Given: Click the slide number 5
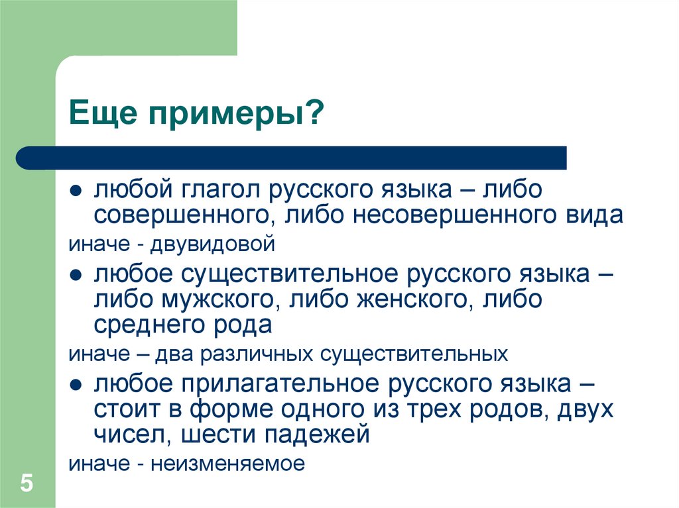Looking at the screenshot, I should pyautogui.click(x=27, y=483).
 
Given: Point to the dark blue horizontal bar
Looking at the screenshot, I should pyautogui.click(x=292, y=158).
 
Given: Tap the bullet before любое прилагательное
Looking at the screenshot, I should pyautogui.click(x=76, y=383).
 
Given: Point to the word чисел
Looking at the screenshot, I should pyautogui.click(x=127, y=434).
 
